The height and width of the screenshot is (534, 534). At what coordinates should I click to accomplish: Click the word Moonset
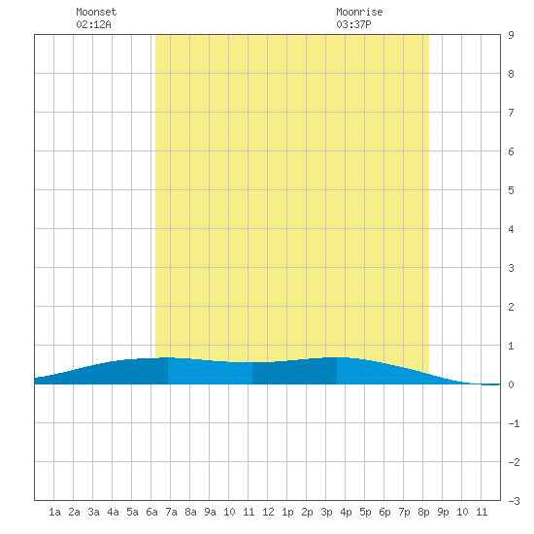(96, 12)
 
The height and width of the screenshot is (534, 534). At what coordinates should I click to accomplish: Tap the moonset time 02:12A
(93, 24)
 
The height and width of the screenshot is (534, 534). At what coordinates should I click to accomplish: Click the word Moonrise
(359, 12)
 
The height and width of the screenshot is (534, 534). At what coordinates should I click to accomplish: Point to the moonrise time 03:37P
(353, 24)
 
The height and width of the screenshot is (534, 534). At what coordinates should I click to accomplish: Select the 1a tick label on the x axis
(54, 512)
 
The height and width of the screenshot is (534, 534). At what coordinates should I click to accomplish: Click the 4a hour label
(113, 512)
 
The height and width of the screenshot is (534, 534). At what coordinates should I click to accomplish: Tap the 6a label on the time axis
(151, 512)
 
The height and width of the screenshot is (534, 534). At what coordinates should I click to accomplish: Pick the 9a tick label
(210, 512)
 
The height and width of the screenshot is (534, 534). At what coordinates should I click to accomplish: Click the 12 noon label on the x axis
(268, 512)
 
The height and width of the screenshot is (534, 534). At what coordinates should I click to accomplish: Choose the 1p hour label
(287, 512)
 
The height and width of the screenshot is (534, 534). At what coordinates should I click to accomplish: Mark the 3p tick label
(326, 512)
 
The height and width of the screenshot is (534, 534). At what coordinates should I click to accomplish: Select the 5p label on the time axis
(365, 512)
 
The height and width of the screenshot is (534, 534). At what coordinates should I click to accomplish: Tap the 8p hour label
(423, 512)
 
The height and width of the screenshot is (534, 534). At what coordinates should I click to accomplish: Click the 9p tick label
(443, 512)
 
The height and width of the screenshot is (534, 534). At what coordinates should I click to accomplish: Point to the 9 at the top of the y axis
(511, 35)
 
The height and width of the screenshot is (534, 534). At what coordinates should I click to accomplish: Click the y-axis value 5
(511, 190)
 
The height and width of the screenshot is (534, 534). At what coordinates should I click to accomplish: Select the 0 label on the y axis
(511, 384)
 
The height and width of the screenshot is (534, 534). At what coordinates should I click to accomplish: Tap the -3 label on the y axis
(514, 501)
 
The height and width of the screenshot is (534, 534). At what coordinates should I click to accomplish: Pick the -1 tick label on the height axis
(514, 423)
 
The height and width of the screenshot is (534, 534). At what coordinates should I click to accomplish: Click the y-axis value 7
(511, 113)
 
